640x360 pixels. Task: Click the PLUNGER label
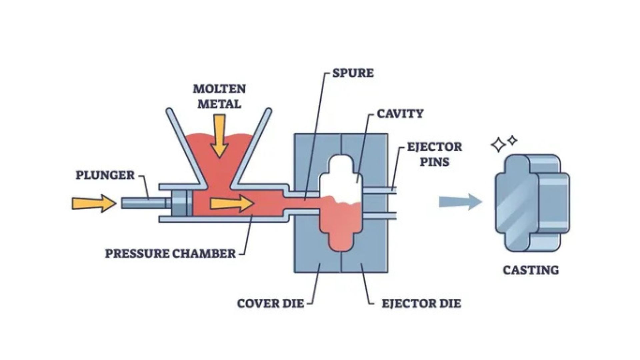pos(105,175)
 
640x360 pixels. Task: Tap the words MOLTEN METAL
pos(219,96)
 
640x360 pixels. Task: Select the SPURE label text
pos(353,73)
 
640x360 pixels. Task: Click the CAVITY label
pos(400,114)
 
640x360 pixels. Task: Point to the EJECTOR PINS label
pos(434,154)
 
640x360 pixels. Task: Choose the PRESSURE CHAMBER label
pos(170,254)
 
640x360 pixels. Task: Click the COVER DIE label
pos(270,304)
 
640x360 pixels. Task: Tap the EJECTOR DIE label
pos(421,304)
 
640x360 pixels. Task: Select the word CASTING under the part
pos(531,270)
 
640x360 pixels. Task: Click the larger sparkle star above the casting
pos(498,145)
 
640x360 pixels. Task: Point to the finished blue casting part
pos(532,203)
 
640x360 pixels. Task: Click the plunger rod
pos(143,203)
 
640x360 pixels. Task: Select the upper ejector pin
pos(380,190)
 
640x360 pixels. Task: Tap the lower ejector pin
pos(380,216)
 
